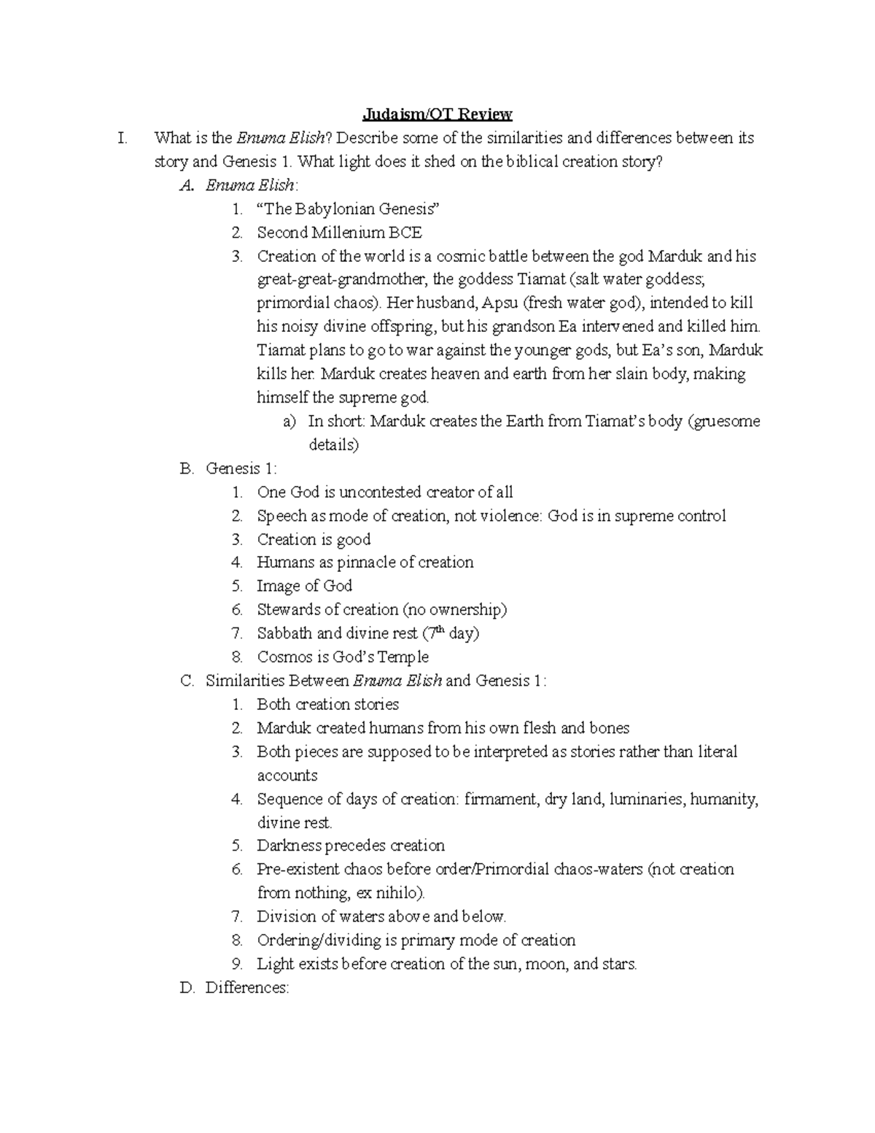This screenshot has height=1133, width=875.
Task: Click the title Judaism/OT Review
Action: pos(437,115)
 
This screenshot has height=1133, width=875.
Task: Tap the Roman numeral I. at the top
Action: pos(122,138)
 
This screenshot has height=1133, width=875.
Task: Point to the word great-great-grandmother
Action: pos(343,279)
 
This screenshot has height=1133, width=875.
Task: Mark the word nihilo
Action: pos(402,893)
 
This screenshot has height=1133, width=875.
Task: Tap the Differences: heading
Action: pos(247,988)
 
